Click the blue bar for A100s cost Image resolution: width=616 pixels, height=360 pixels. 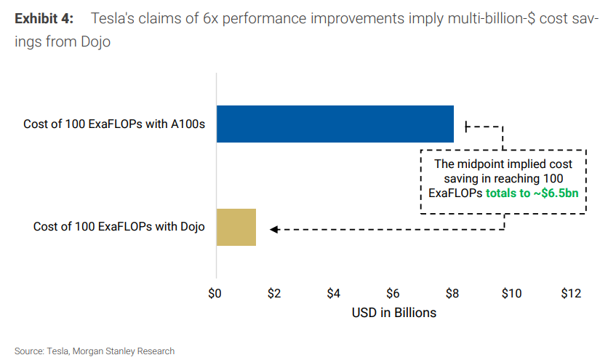[x=335, y=124]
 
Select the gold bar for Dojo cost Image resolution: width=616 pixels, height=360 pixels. [x=236, y=226]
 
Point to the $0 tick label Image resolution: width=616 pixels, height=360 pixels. [x=215, y=294]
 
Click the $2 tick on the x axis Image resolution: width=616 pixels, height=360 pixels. [x=274, y=294]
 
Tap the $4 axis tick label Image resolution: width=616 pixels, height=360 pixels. [x=334, y=294]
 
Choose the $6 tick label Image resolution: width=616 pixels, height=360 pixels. [x=393, y=294]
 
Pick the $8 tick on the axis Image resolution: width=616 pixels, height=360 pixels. [x=452, y=294]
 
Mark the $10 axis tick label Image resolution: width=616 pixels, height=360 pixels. [x=511, y=294]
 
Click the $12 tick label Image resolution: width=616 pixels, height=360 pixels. [x=571, y=294]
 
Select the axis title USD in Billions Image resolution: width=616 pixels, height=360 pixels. [x=393, y=313]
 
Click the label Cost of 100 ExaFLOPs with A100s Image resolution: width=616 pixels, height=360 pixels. [x=114, y=124]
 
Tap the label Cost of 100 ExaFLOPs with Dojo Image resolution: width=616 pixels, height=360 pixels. [x=119, y=227]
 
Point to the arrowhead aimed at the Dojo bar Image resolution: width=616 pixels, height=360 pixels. [x=273, y=230]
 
